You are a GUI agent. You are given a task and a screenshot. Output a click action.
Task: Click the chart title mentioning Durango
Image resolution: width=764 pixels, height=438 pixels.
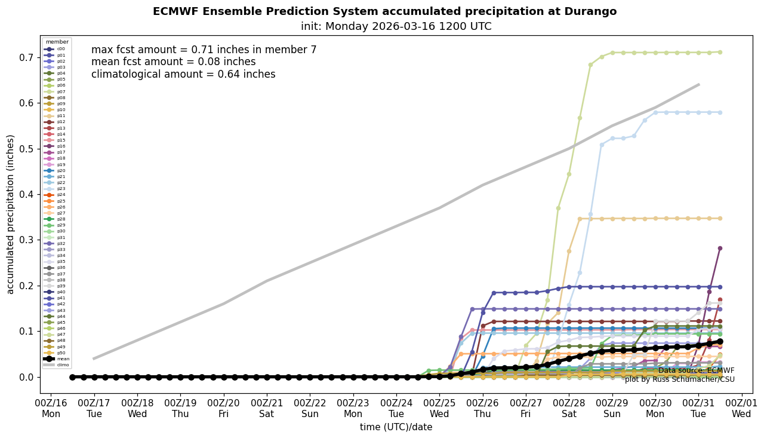tap(384, 11)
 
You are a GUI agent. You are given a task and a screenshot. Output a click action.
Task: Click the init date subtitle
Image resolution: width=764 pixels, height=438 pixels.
tap(396, 26)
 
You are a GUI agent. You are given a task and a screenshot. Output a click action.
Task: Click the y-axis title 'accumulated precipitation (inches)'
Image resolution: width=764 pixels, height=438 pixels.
tap(11, 214)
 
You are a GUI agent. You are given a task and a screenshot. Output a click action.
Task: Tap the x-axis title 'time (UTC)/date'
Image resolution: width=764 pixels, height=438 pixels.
tap(396, 427)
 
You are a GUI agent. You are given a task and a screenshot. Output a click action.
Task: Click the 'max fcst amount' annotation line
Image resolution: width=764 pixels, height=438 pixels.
tap(204, 50)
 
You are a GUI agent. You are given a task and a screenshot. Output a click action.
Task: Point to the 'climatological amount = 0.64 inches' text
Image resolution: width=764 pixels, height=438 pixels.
tap(183, 74)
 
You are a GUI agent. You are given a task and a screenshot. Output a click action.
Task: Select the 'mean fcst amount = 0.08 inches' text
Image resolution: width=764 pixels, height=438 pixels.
tap(173, 62)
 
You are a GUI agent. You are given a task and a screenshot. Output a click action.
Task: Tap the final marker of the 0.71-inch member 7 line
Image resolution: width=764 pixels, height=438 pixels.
tap(720, 52)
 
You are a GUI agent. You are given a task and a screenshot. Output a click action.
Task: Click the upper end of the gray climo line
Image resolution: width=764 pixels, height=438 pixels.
tap(698, 85)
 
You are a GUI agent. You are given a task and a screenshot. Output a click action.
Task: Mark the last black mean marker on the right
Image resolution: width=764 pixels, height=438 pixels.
tap(720, 341)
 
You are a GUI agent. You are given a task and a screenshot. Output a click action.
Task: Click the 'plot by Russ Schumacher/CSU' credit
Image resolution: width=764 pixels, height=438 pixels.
tap(679, 379)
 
